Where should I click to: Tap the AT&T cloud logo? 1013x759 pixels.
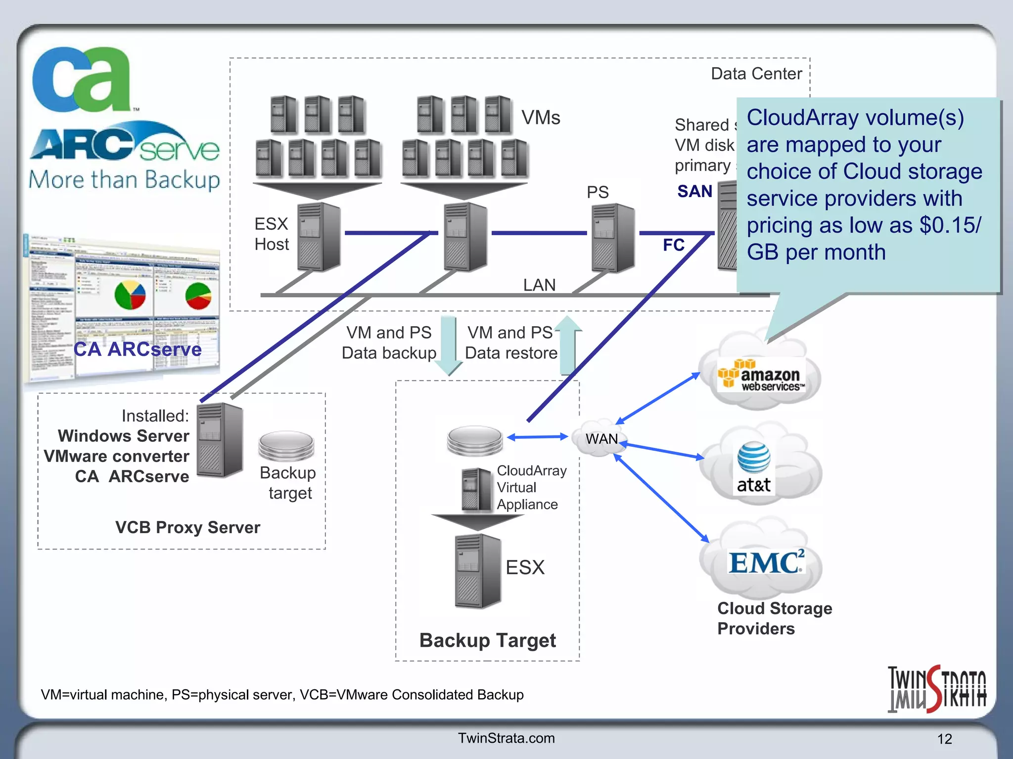click(753, 467)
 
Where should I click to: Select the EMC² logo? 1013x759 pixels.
click(766, 562)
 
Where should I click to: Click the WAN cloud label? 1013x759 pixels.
click(601, 439)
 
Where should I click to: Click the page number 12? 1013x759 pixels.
click(944, 739)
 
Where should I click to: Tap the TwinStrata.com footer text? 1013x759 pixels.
click(506, 738)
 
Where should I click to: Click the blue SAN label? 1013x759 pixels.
click(694, 191)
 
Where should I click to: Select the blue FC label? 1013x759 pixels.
click(673, 245)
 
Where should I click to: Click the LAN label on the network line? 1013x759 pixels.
click(539, 285)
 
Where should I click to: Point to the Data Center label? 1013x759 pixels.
click(756, 74)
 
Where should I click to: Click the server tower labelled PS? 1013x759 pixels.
click(613, 238)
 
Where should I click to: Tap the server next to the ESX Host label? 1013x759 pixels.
click(319, 237)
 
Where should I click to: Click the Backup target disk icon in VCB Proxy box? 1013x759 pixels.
click(286, 445)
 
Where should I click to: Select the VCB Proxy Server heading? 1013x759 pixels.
click(187, 527)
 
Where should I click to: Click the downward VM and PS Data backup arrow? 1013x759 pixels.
click(449, 346)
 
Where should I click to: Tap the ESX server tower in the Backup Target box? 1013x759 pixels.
click(477, 571)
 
